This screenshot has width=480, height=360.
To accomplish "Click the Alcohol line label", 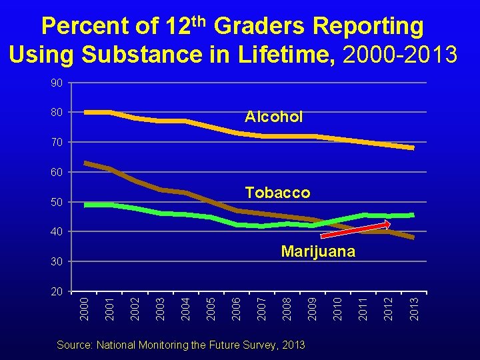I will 273,117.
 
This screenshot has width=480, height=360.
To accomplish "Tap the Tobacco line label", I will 277,193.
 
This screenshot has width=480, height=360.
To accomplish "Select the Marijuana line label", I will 318,251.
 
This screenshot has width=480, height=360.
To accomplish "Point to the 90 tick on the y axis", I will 57,83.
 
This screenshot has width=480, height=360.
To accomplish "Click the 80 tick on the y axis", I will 57,112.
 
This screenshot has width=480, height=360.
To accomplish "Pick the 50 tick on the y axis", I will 57,202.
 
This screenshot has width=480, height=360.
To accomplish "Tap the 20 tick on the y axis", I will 57,291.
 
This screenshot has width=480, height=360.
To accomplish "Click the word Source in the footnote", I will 74,345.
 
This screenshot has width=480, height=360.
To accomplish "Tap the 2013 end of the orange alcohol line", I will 413,147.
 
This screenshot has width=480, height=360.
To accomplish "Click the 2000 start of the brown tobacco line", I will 85,163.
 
